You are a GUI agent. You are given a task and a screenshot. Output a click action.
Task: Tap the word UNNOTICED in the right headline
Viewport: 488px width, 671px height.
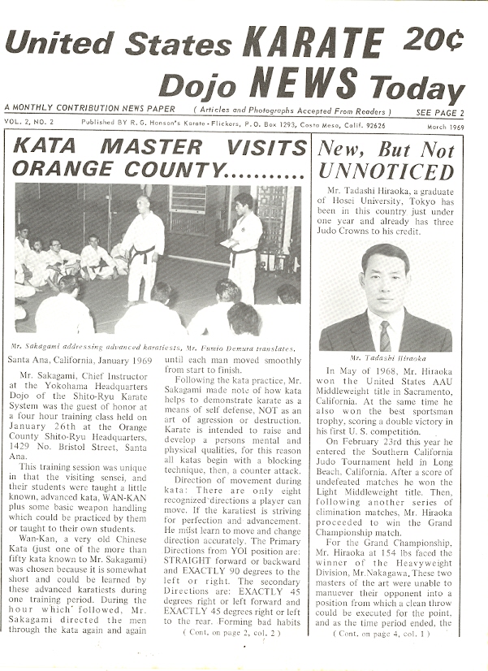386,172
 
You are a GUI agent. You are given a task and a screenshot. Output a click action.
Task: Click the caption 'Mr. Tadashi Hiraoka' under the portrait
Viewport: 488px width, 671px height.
385,357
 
